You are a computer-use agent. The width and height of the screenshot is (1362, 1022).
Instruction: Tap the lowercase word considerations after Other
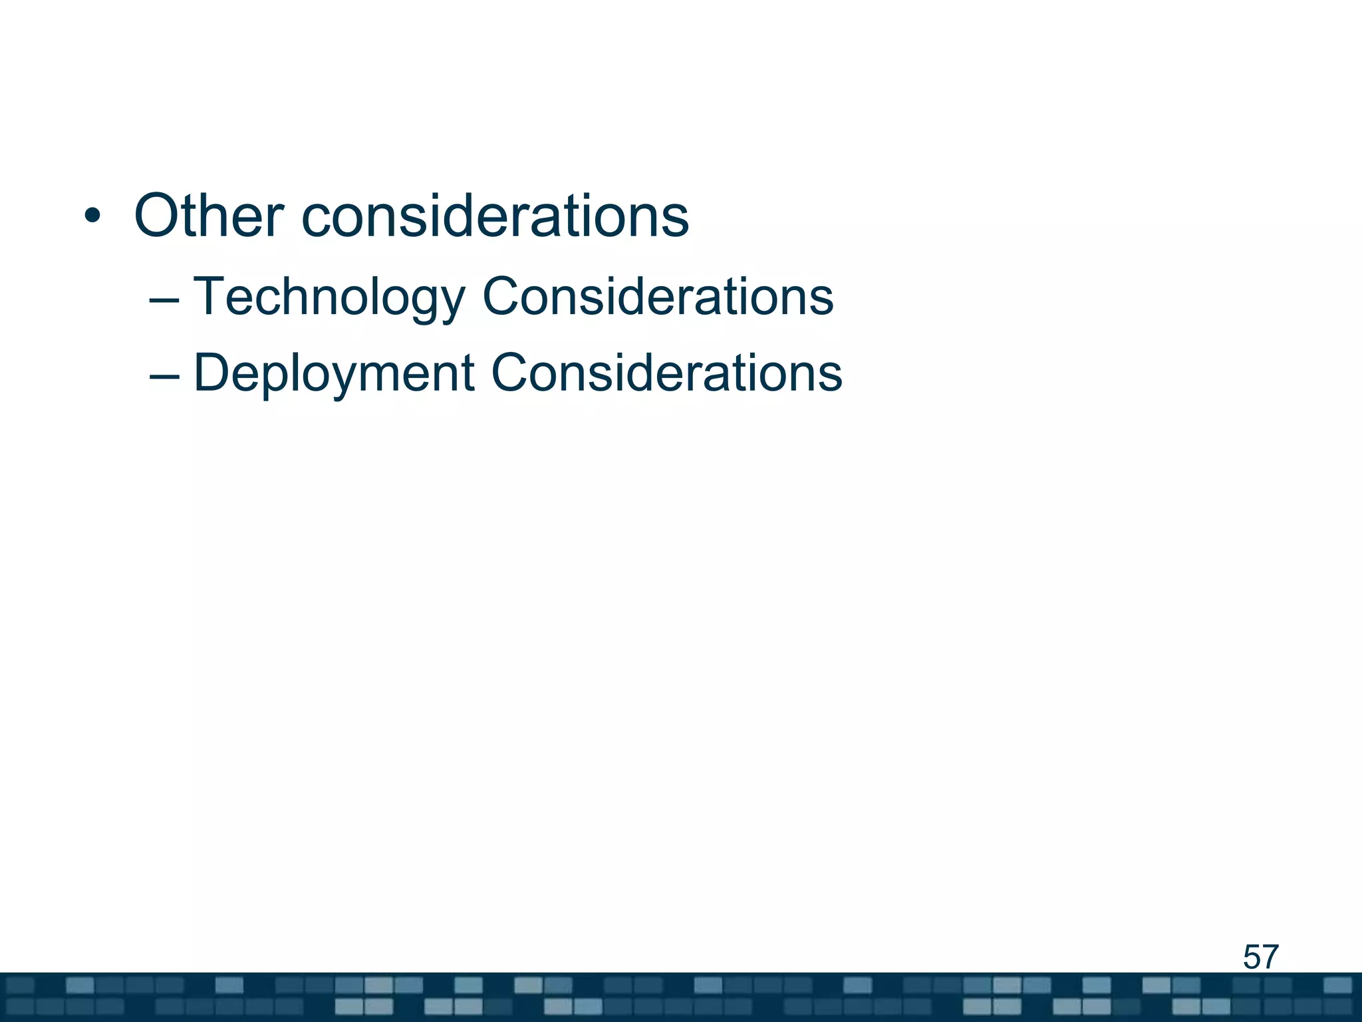[x=495, y=216]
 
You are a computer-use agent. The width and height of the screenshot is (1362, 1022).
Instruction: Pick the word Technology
[x=329, y=297]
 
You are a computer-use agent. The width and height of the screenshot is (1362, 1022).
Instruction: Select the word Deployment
[x=334, y=373]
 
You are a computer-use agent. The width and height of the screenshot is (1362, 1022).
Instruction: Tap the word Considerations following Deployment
[x=666, y=373]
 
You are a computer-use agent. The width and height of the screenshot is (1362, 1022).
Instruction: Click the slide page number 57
[x=1260, y=957]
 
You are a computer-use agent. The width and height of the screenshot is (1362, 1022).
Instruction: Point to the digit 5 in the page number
[x=1252, y=957]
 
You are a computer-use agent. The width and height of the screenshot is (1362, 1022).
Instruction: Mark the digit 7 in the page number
[x=1270, y=957]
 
